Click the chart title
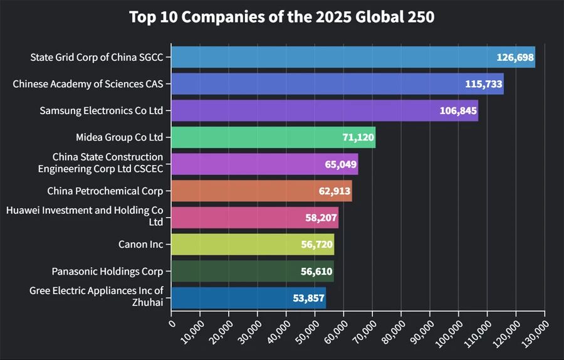pos(281,17)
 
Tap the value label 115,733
pos(484,84)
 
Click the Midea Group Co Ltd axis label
pos(119,137)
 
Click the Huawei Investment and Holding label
pos(85,216)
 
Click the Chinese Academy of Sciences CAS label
pos(88,83)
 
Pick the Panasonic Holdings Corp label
pos(107,271)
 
